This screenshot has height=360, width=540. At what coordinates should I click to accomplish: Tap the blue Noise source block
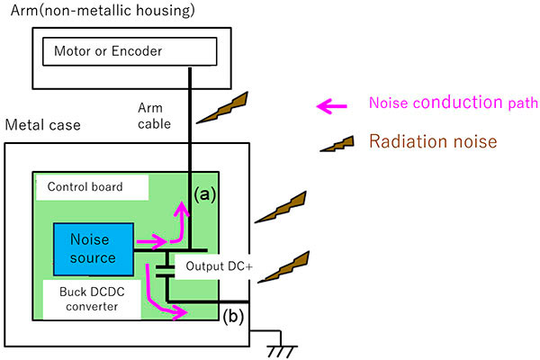point(93,248)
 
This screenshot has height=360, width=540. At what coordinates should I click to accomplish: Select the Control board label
point(92,187)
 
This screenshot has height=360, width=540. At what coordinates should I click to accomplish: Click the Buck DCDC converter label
point(93,297)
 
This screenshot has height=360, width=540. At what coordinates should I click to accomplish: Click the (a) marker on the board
point(205,193)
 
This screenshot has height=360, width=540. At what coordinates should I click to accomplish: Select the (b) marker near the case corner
point(232,317)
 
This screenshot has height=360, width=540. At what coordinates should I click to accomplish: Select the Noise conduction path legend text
point(446,103)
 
